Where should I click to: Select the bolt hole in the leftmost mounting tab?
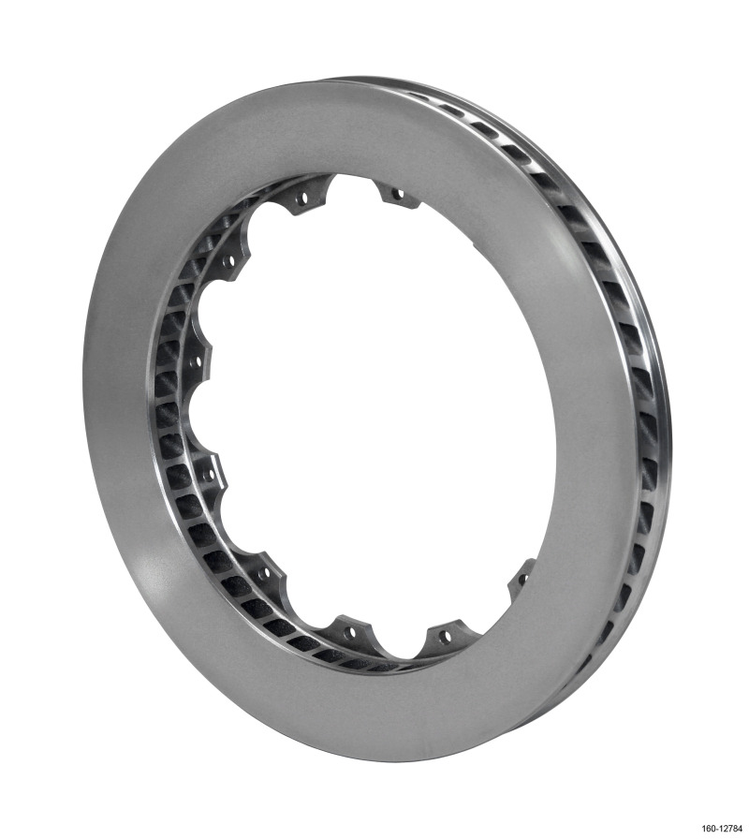pyautogui.click(x=196, y=361)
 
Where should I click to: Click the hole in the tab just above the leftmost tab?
pyautogui.click(x=228, y=261)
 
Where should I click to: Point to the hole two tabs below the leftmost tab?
pyautogui.click(x=266, y=569)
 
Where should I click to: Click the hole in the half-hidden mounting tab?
pyautogui.click(x=521, y=579)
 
